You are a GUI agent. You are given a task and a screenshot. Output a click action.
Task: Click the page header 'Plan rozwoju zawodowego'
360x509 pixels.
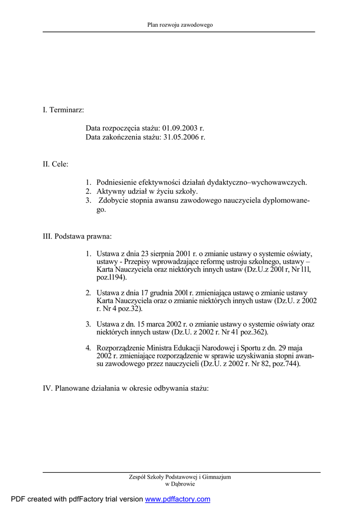(180, 24)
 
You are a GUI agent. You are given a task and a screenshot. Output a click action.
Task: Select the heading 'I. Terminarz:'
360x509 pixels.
(63, 109)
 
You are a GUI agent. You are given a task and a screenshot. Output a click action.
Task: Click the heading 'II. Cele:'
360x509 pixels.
(56, 164)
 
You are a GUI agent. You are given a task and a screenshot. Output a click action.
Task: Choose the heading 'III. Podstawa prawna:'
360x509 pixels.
(77, 236)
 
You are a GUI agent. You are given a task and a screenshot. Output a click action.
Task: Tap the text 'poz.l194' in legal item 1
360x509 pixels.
(110, 277)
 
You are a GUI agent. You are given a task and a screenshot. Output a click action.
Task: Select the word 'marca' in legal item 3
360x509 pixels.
(166, 324)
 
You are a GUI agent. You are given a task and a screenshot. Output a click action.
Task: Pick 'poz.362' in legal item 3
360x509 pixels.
(255, 332)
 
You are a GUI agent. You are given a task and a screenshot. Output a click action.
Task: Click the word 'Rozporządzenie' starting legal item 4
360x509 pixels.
(121, 347)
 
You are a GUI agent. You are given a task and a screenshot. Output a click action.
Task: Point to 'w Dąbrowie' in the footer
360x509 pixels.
(180, 484)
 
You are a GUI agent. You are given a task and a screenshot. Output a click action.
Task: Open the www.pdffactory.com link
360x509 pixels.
(178, 499)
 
